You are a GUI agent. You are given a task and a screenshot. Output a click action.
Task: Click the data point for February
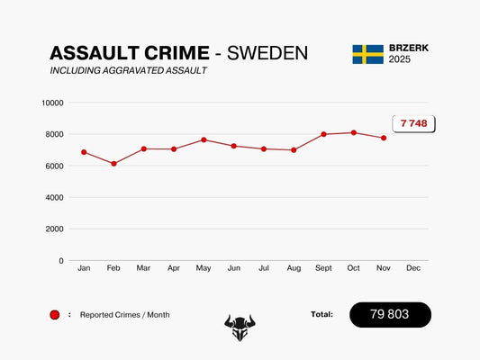(113, 164)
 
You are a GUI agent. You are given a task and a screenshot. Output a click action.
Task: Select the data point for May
(204, 139)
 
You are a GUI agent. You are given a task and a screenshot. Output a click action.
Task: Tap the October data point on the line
(353, 132)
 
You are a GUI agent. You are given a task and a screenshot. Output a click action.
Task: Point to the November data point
(383, 138)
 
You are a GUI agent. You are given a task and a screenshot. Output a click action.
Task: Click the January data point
(84, 152)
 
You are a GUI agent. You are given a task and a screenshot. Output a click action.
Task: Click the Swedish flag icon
(367, 54)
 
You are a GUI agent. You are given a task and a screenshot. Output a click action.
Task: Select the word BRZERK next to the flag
(408, 48)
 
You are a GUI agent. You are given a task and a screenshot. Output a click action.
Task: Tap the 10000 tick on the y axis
(52, 103)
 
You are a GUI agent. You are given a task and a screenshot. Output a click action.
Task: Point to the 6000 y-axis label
(54, 166)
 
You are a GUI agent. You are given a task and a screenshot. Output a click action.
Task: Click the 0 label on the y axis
(60, 261)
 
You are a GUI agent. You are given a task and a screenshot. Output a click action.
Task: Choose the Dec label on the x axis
(412, 269)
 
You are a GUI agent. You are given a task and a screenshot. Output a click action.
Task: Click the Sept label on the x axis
(323, 269)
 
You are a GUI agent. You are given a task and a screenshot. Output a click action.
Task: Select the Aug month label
(294, 269)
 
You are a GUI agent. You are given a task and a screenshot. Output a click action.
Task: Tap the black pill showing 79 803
(390, 314)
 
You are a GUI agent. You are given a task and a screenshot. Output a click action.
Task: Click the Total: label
(322, 314)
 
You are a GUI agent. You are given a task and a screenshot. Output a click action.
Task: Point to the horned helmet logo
(240, 327)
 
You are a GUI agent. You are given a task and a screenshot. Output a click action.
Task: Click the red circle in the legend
(55, 315)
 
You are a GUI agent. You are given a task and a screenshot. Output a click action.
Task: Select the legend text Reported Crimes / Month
(124, 315)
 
